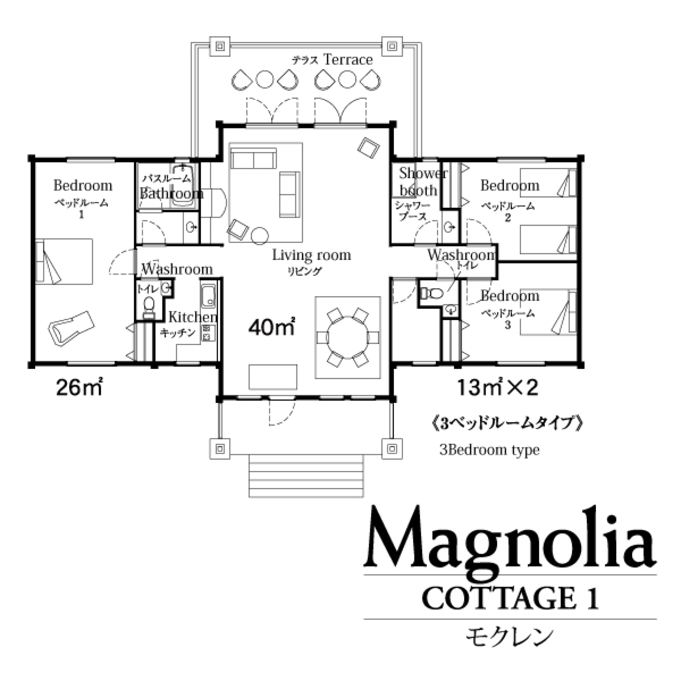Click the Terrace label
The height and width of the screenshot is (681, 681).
[x=348, y=59]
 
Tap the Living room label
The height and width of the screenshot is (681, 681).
[x=311, y=255]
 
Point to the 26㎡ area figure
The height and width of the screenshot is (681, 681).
[x=79, y=387]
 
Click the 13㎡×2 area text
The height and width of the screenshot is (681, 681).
[x=497, y=387]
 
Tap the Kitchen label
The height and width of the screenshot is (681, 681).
[x=192, y=317]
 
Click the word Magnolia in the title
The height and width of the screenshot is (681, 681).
[x=509, y=538]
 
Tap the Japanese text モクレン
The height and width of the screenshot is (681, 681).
[x=509, y=636]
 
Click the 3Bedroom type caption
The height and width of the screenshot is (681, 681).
[x=489, y=450]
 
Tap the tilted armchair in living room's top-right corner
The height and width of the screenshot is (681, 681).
[x=368, y=148]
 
